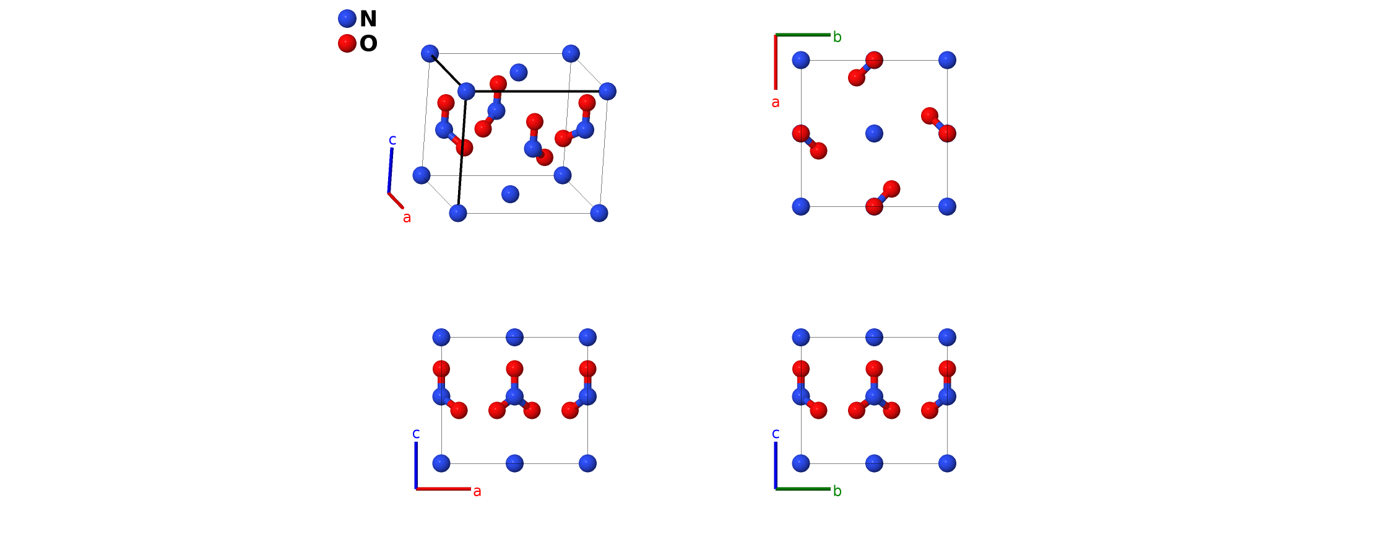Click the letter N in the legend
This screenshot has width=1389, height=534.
click(x=368, y=19)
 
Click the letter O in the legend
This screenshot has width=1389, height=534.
click(x=368, y=43)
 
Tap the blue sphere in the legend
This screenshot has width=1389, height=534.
click(x=347, y=19)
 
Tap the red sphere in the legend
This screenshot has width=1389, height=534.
click(x=347, y=43)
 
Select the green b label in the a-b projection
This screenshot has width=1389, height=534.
click(x=837, y=37)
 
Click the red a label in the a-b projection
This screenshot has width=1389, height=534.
click(x=776, y=103)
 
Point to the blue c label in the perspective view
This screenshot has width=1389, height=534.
click(x=392, y=140)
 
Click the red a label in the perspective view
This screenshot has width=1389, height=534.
click(x=407, y=217)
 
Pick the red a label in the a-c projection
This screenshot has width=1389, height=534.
click(x=477, y=491)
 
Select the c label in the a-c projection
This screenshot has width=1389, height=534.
click(x=416, y=433)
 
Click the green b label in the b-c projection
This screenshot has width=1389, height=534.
click(x=837, y=491)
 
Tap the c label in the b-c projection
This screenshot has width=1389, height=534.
click(x=776, y=433)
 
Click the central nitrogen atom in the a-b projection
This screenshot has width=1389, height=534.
click(x=874, y=133)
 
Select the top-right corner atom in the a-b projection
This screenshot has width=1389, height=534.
click(x=947, y=60)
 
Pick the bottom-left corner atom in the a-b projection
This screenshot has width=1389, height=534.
click(x=801, y=206)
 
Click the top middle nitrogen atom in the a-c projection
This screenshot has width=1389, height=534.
click(x=514, y=338)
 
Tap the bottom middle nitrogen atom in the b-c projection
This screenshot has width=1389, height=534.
click(x=874, y=463)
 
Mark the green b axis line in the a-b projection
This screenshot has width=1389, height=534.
click(x=803, y=35)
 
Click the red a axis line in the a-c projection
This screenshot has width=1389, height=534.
click(x=443, y=489)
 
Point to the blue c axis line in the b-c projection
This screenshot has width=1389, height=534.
click(x=776, y=465)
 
